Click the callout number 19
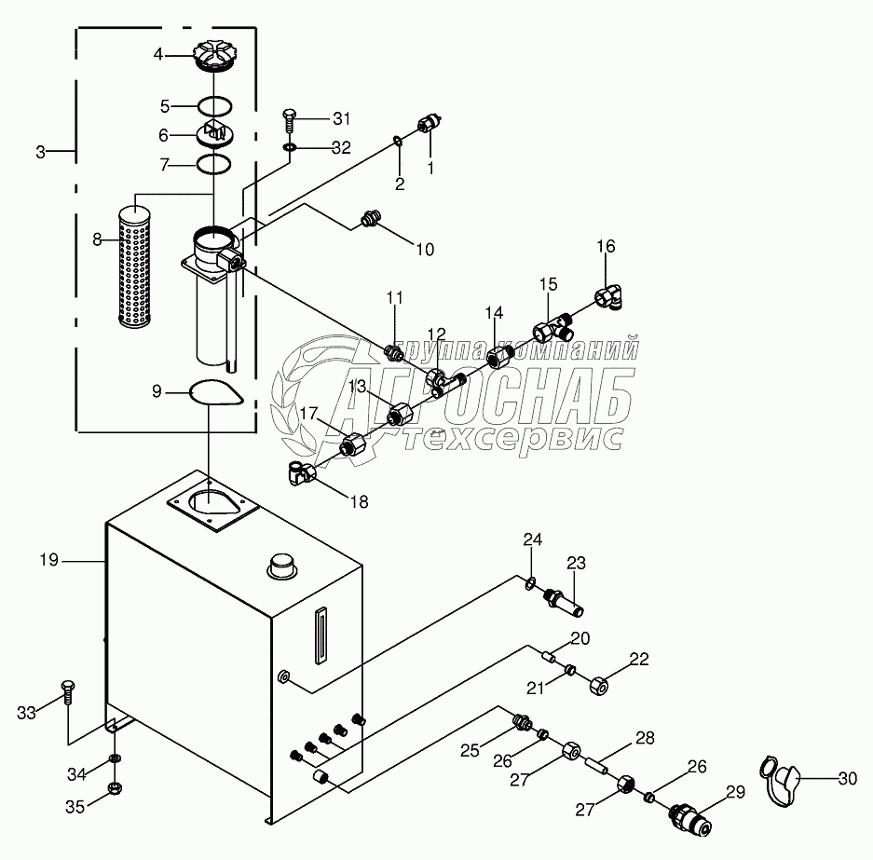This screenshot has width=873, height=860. [x=49, y=560]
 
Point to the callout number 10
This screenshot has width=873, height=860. [x=425, y=250]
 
